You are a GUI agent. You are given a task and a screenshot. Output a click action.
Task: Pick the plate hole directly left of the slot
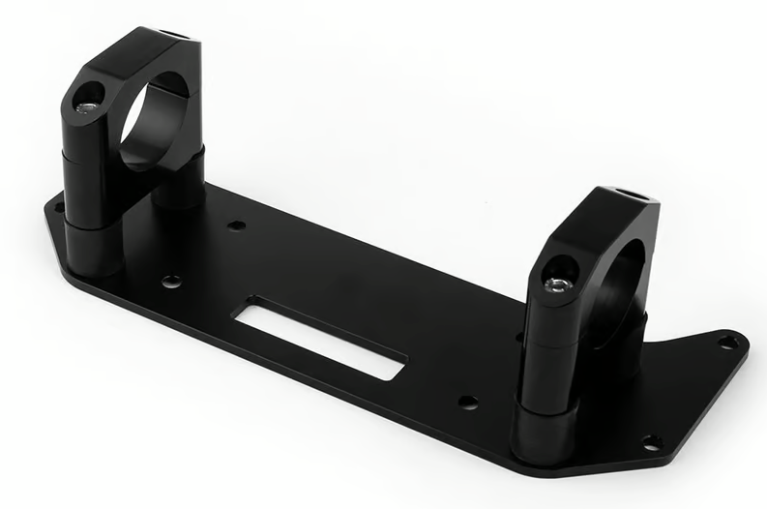tap(171, 282)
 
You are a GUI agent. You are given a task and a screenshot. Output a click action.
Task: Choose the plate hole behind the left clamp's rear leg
tap(236, 225)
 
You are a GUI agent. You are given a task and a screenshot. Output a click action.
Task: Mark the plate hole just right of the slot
tap(467, 402)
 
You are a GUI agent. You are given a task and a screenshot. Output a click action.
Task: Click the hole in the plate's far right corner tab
tap(727, 342)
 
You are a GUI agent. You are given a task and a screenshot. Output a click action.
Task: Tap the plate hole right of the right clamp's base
tap(652, 441)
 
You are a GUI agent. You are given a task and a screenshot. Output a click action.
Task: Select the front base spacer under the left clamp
tap(93, 247)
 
